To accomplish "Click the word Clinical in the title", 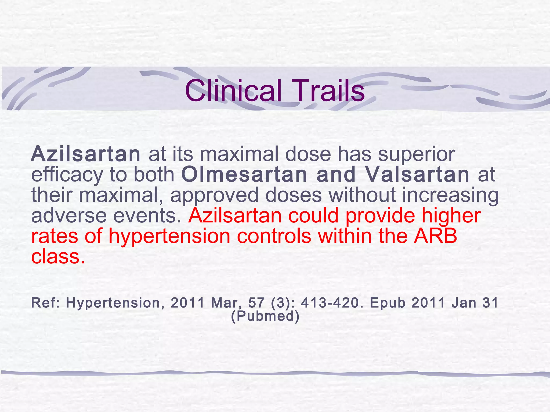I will (x=233, y=91).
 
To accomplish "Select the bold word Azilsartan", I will (x=85, y=154).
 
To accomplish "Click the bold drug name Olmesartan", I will (x=244, y=175).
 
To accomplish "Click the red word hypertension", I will (x=169, y=236).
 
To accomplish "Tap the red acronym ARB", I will (x=435, y=236).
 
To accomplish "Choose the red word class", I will (x=58, y=256).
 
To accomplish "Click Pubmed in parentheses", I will (x=265, y=316).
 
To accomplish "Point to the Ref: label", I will (x=46, y=303).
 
